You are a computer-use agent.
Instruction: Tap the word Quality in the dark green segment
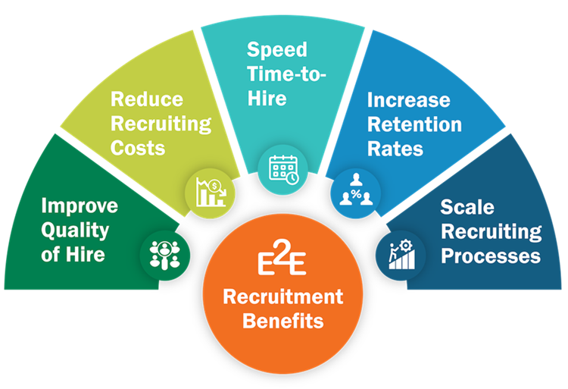(75, 230)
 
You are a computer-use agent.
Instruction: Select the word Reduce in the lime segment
(147, 99)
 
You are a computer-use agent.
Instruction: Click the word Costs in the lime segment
(138, 147)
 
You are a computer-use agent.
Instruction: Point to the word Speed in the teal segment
(277, 49)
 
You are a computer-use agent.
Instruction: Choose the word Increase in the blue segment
(409, 100)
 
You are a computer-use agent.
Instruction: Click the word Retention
(414, 124)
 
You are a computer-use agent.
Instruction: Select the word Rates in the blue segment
(395, 148)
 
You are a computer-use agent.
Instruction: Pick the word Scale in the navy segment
(467, 207)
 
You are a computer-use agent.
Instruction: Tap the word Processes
(491, 256)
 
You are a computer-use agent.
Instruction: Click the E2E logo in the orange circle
(282, 259)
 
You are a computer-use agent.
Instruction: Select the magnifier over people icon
(164, 253)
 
